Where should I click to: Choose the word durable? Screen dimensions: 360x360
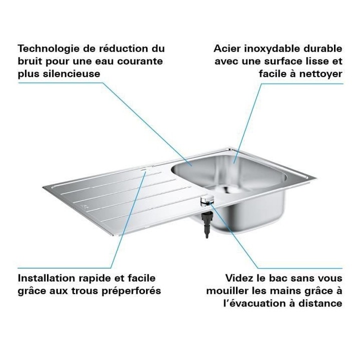point(323,49)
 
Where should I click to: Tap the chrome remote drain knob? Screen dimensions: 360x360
point(206,200)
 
